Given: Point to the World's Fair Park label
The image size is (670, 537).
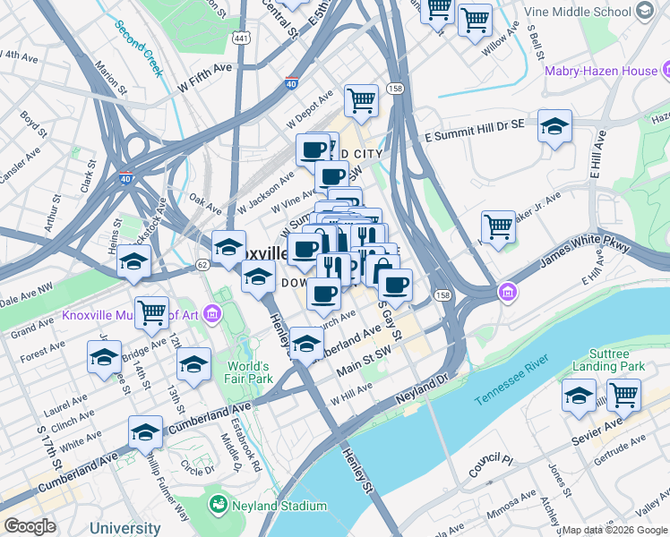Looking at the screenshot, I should click(x=248, y=372).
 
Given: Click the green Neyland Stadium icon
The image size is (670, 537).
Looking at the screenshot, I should click(x=218, y=506).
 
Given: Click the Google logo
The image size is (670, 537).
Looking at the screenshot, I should click(x=30, y=526).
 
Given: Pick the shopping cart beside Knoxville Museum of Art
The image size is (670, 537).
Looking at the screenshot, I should click(x=151, y=312).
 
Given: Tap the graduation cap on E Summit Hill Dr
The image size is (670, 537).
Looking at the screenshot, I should click(x=554, y=126).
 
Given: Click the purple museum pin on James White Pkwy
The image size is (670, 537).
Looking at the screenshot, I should click(x=508, y=292).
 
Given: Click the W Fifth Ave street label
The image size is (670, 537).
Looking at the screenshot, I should click(x=205, y=78).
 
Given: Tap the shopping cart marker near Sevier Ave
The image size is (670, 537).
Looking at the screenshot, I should click(x=623, y=394).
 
